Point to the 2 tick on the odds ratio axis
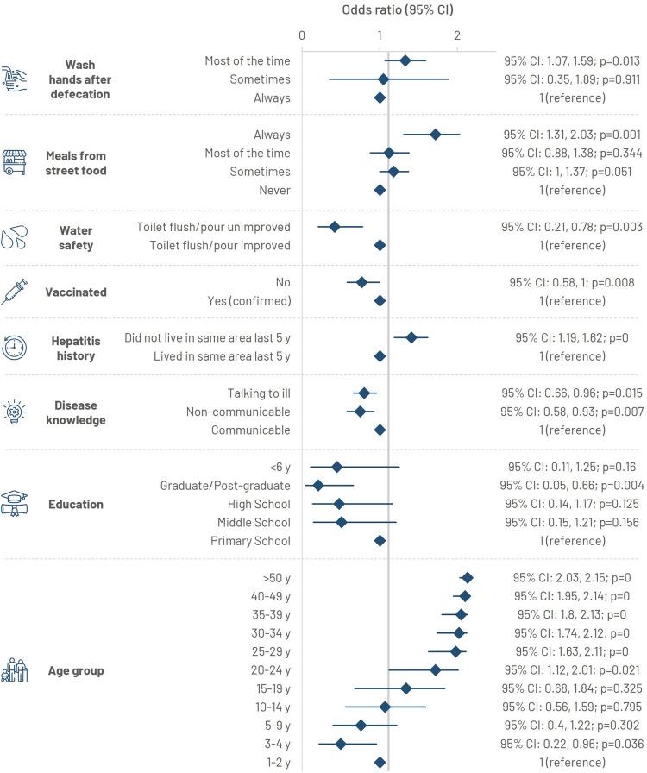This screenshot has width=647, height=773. click(x=456, y=35)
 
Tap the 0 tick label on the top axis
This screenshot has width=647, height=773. click(x=302, y=35)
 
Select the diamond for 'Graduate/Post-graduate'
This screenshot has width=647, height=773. click(x=318, y=486)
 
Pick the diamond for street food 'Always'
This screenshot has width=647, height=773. click(x=436, y=135)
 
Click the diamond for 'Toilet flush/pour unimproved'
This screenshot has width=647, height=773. click(x=335, y=227)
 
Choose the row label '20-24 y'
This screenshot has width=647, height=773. click(x=269, y=669)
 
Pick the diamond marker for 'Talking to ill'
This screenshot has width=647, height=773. click(x=364, y=393)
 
